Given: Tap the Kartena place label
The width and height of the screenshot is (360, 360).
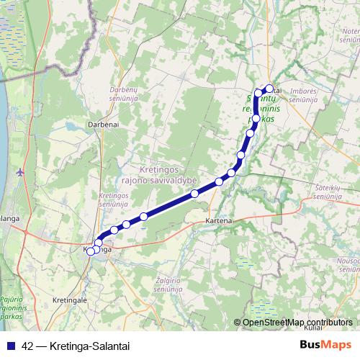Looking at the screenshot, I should pos(218,220).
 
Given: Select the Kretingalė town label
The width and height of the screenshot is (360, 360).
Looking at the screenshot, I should pos(71,298).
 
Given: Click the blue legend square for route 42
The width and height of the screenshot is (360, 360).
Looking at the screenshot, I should pos(9,346).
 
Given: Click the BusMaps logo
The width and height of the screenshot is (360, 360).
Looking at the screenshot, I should pos(325,345).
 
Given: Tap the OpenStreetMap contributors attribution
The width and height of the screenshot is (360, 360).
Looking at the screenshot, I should pos(295,323).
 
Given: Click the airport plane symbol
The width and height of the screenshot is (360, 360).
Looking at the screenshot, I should pos(19,172).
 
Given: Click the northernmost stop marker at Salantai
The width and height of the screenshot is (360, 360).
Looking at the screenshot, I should pos(270,89).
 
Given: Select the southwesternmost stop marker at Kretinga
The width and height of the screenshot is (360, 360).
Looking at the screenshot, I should pos(91,251).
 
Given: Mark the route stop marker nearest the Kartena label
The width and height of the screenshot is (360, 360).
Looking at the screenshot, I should pos(219,181).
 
